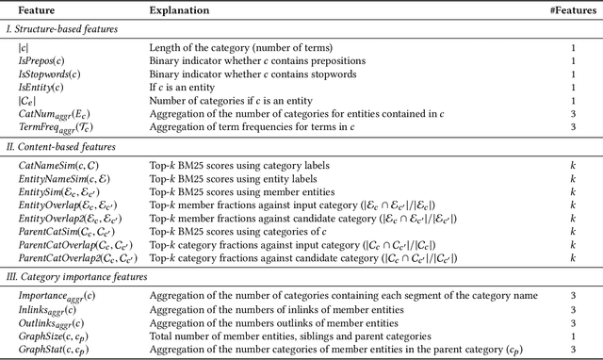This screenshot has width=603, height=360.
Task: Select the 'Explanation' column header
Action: point(180,9)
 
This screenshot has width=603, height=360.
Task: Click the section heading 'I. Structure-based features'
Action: point(67,29)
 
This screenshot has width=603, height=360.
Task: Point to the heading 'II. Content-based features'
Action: point(64,146)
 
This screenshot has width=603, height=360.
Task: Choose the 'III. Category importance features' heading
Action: point(81,278)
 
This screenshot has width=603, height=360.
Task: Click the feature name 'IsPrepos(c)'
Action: point(43,59)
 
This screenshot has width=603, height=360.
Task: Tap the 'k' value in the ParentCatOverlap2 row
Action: point(573,256)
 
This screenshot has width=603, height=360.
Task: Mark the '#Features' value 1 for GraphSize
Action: point(573,335)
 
